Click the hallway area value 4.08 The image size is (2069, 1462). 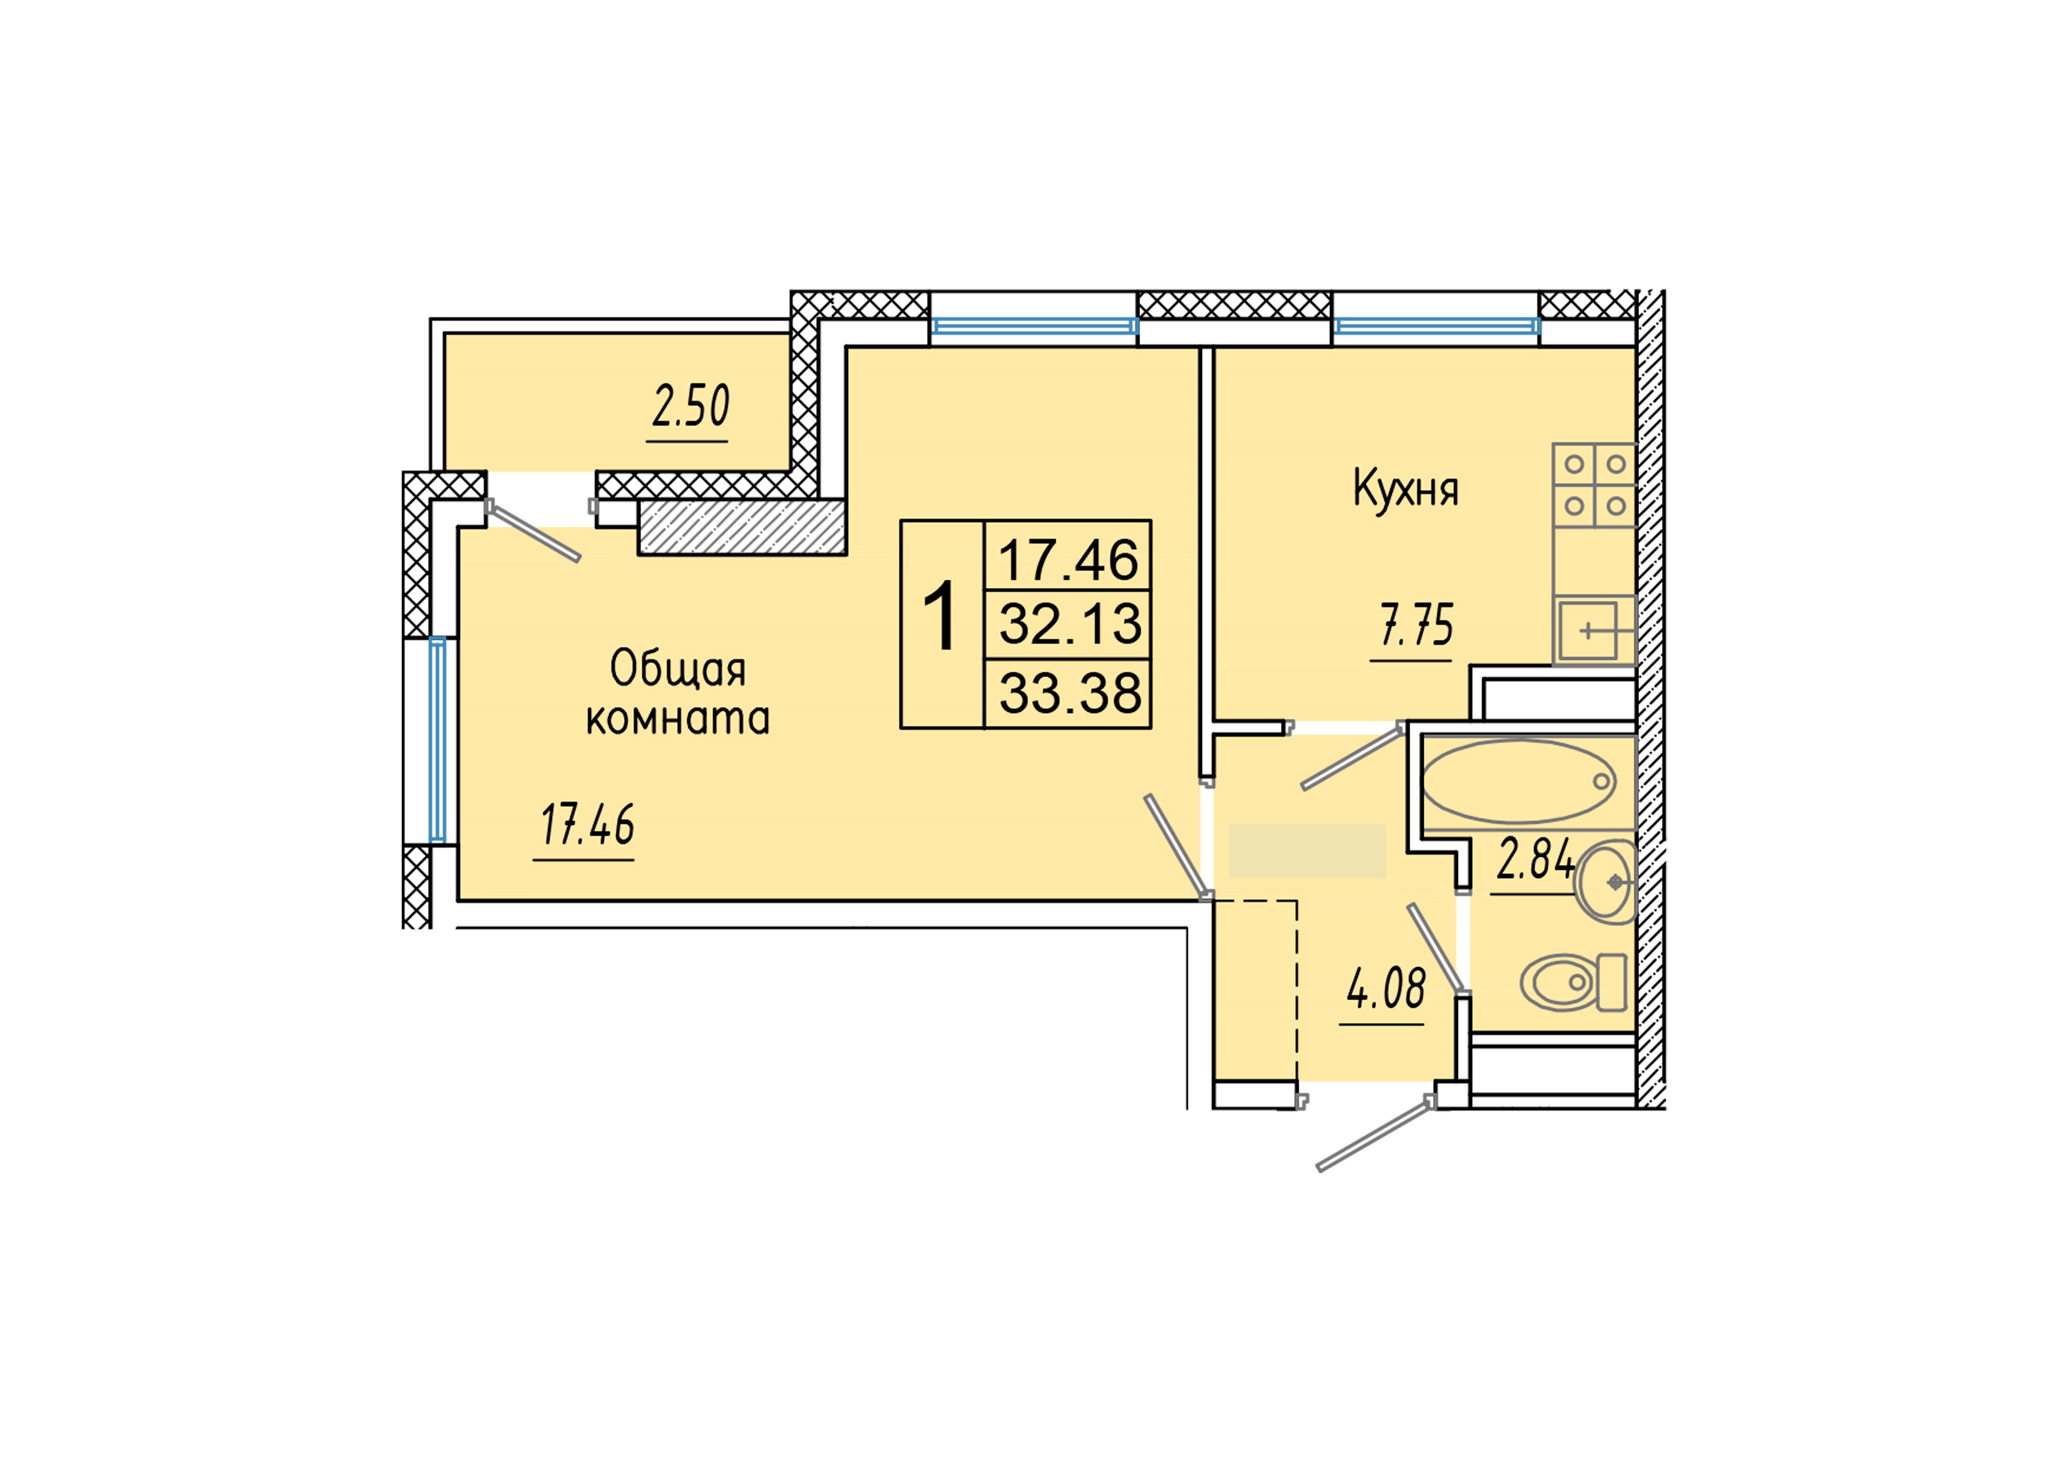[1386, 989]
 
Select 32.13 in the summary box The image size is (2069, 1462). [1070, 623]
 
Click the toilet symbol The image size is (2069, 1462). [1571, 982]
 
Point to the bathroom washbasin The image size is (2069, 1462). [1607, 882]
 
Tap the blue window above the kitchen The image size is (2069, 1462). [1436, 326]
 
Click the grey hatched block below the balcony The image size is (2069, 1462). [741, 527]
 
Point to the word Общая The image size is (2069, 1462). [678, 669]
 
